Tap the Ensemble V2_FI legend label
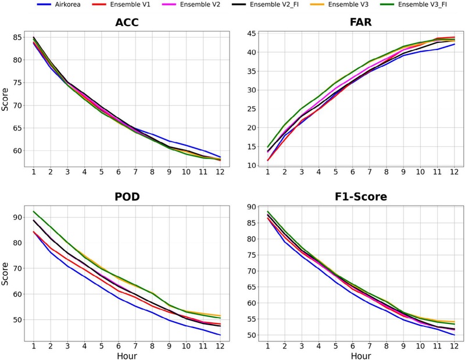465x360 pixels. coord(274,5)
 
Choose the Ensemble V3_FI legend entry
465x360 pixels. coord(423,5)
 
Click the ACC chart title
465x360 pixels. coord(127,23)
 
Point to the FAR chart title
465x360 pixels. coord(360,23)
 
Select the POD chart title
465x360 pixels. coord(127,197)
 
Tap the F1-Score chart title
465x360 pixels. coord(360,197)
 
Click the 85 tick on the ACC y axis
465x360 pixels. coord(17,38)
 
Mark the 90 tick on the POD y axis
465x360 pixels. coord(17,218)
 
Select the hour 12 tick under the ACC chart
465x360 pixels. coord(220,172)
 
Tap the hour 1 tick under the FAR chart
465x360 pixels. coord(267,172)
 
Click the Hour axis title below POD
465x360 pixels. coord(127,355)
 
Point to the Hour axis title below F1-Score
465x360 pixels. coord(360,355)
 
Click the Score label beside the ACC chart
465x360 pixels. coord(5,99)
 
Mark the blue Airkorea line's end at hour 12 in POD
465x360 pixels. coord(220,335)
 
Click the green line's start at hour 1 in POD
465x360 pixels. coord(34,211)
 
